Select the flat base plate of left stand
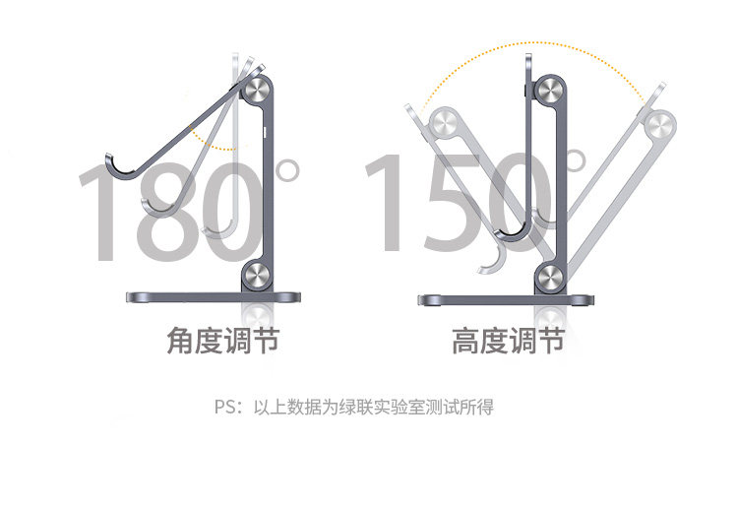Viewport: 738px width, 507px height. pos(212,297)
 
